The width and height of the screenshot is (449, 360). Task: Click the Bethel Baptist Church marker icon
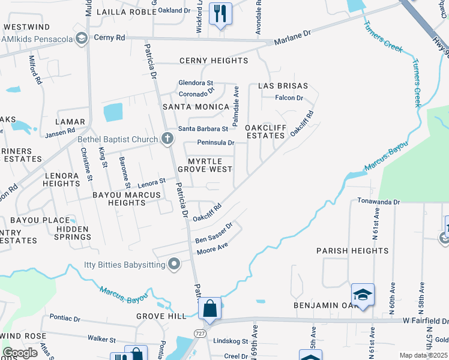coord(167,139)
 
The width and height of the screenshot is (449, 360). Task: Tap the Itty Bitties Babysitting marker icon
coord(175,263)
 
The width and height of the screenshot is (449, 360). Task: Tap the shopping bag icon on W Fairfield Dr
coord(210,308)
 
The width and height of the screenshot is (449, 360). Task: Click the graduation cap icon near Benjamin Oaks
coord(363,295)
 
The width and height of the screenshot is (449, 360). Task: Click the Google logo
coord(20,353)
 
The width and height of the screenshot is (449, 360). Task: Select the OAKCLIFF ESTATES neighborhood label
coord(265,132)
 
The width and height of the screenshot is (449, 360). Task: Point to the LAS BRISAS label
coord(283,86)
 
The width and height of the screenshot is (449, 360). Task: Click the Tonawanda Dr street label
coord(378,202)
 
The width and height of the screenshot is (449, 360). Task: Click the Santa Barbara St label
coord(203,129)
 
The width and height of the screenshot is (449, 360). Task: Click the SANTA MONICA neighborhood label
coord(196,107)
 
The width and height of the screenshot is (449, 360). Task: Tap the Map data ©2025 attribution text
coord(423,355)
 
